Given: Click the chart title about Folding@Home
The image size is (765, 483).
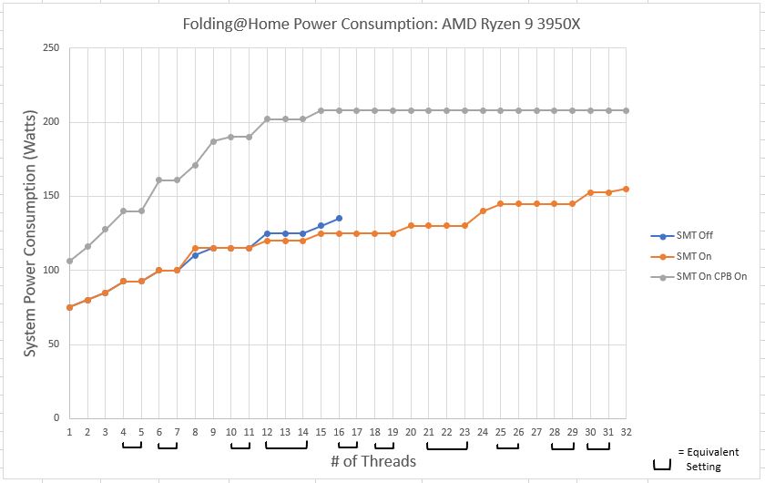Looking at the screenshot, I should pos(382,24).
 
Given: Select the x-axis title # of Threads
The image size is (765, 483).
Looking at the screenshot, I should pos(373,461).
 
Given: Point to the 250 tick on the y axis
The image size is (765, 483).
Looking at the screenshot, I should pos(52,47).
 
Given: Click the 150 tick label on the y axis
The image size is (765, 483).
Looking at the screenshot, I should pos(52,196).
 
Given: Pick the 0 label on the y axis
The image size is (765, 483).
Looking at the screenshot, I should pos(56,418).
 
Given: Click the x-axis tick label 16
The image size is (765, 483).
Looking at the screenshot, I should pos(339,432).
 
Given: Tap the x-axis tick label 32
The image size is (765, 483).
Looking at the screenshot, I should pos(626,432).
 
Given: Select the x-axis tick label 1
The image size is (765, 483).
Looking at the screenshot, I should pos(69,432).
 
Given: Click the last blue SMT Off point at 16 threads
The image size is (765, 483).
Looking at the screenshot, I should pos(339,218).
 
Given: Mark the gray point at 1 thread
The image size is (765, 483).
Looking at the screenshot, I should pos(69,261).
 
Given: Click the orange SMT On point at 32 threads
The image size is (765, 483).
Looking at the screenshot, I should pos(626,189).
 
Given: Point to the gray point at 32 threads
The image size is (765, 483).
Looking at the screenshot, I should pos(626,110).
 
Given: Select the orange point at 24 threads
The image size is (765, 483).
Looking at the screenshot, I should pos(483,211).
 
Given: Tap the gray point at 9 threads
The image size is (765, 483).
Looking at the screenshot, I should pos(213,141).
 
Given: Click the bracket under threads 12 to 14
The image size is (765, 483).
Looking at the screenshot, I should pos(285,447).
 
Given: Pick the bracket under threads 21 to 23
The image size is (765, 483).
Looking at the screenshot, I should pos(447,447).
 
